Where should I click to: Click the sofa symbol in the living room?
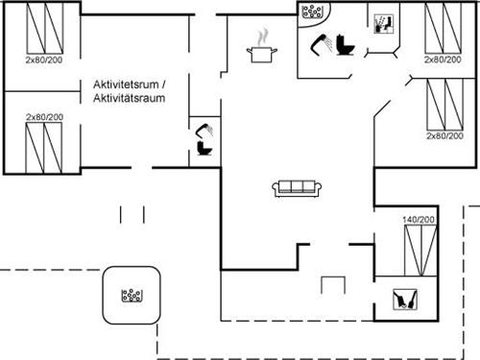(x=296, y=188)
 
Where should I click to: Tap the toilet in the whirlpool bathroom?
(x=346, y=45)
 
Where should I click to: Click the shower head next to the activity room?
(x=203, y=130)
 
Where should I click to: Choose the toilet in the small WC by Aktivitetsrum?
(x=204, y=150)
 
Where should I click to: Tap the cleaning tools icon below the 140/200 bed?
(x=406, y=297)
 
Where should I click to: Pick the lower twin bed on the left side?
(x=39, y=144)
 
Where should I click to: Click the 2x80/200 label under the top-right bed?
(x=444, y=60)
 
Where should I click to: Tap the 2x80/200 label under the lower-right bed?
(x=444, y=135)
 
